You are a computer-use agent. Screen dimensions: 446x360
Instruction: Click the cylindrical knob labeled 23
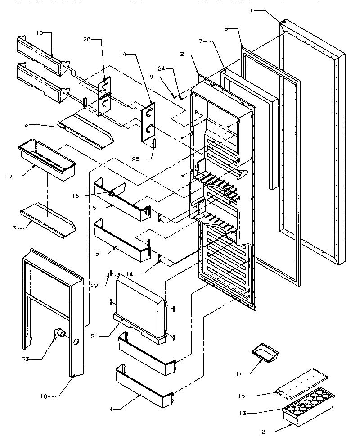pyautogui.click(x=59, y=334)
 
